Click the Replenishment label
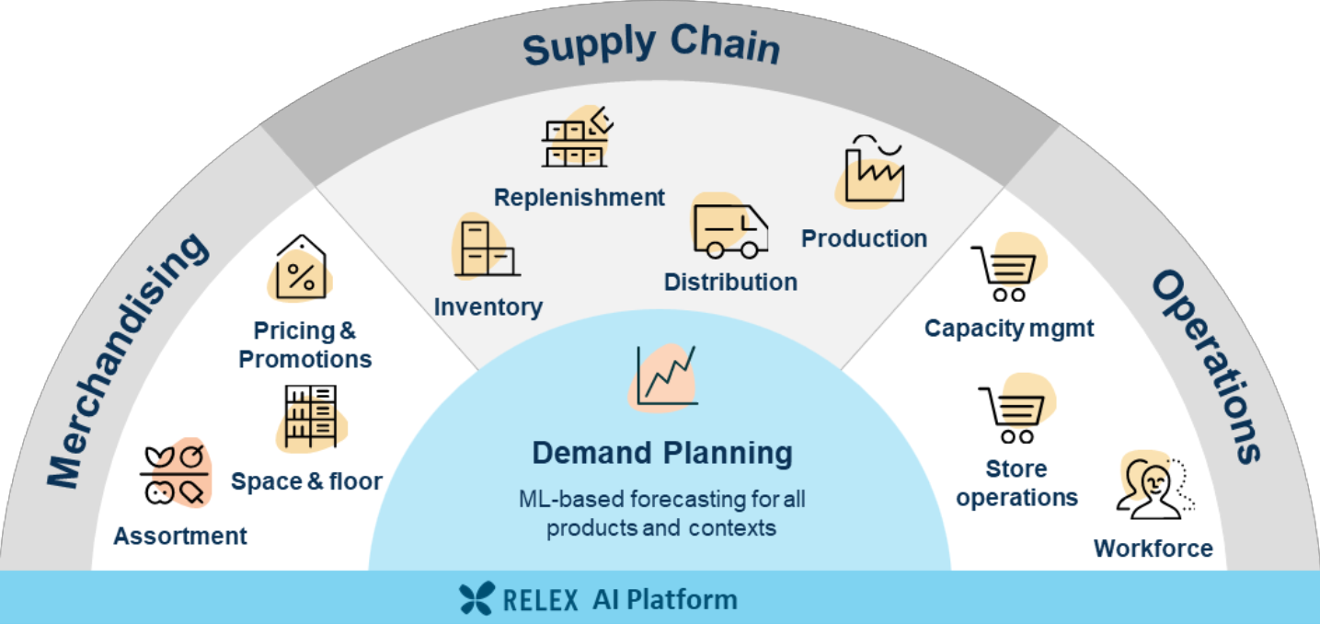coord(579,197)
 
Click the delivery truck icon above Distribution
coord(729,230)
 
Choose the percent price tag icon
coord(301,270)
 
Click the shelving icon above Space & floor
coord(311,417)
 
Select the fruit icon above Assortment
coord(175,475)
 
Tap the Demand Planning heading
coord(662,453)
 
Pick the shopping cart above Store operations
coord(1012,414)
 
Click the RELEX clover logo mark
coord(478,598)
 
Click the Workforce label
coord(1153,549)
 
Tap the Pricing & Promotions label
coord(305,344)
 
